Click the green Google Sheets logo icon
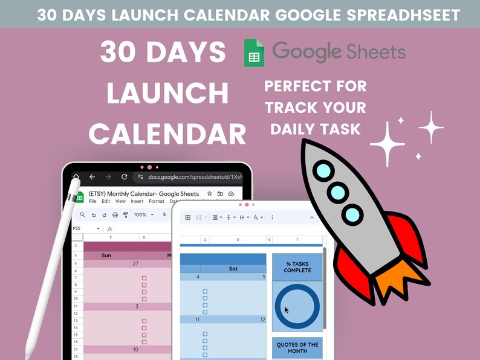coord(254,53)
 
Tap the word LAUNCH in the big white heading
coord(167,94)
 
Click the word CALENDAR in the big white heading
coord(171,133)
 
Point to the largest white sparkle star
coord(388,144)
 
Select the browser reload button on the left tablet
coord(125,177)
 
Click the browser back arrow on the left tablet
coord(92,177)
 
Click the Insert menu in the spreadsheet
coord(137,202)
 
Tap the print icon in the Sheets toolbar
coord(115,214)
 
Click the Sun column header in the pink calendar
coord(106,255)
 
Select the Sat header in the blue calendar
coord(232,269)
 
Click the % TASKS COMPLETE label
coord(297,267)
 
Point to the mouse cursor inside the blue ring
coord(287,310)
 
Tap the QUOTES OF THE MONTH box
coord(297,347)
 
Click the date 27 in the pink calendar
coord(135,263)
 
